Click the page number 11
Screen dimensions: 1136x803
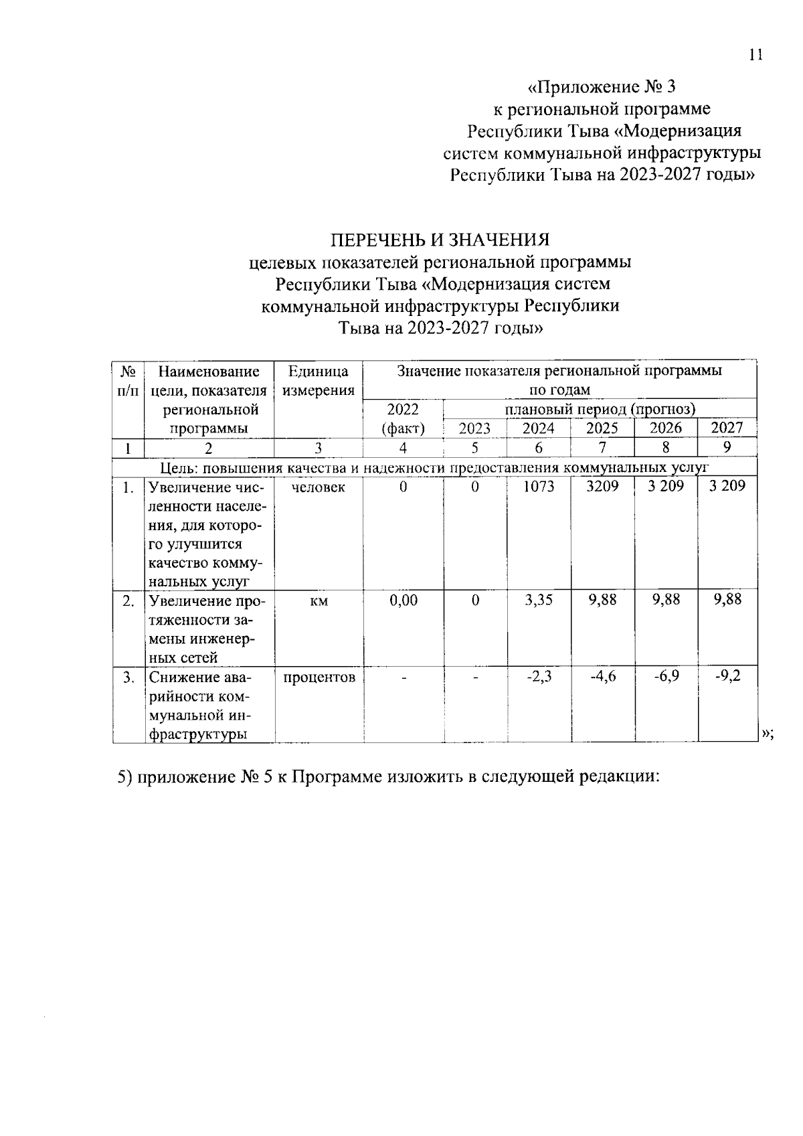tap(755, 56)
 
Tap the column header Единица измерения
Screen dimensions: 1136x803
tap(319, 381)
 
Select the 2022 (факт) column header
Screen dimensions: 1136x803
tap(403, 419)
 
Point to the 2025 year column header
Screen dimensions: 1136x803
tap(602, 428)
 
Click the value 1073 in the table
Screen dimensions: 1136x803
tap(539, 487)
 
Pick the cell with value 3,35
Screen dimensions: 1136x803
tap(539, 600)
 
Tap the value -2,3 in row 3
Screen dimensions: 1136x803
tap(539, 677)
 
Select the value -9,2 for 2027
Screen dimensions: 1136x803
tap(727, 677)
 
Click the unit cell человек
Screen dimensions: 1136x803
tap(319, 487)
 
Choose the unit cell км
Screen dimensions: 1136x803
tap(319, 600)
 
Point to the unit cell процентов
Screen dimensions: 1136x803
tap(319, 677)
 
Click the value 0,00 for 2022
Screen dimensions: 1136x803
tap(403, 600)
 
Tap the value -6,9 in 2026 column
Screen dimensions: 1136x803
tap(666, 677)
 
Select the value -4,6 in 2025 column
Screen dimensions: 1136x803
tap(602, 677)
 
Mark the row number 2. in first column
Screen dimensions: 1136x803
tap(128, 600)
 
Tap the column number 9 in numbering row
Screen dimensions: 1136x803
tap(727, 447)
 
